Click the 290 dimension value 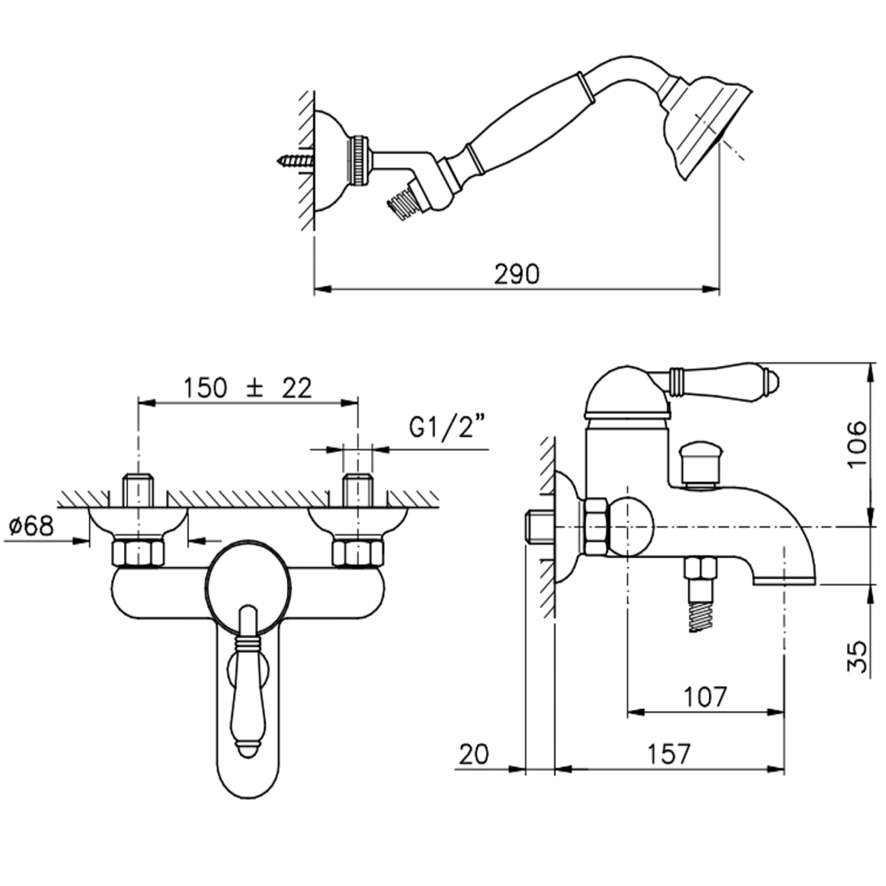(x=517, y=274)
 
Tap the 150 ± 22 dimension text (x=247, y=388)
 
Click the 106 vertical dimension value (x=858, y=444)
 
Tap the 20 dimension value (x=474, y=754)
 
